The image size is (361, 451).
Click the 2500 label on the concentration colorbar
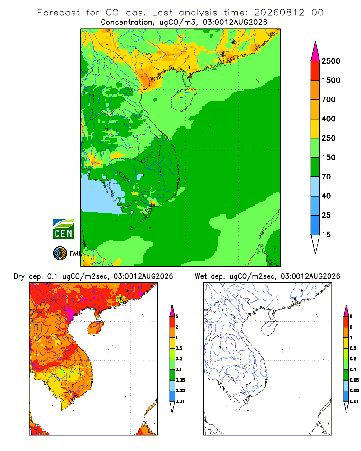tap(331, 61)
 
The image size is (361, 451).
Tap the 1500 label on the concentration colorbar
tap(331, 80)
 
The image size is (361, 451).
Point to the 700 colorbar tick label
tap(329, 100)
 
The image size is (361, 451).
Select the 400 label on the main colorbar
tap(329, 119)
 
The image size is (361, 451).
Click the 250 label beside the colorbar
tap(329, 138)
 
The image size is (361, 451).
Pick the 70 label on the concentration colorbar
tap(326, 177)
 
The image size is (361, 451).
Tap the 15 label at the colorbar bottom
tap(326, 235)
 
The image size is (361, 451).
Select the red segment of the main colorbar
tap(315, 71)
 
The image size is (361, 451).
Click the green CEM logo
tap(63, 229)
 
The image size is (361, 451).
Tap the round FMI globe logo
tap(60, 253)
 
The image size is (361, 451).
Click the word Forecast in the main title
tap(59, 13)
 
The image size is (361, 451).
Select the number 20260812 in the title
tap(279, 13)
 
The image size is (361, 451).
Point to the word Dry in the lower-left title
tap(19, 276)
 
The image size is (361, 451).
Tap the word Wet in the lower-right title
tap(201, 276)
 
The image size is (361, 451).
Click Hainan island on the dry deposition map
tap(95, 328)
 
